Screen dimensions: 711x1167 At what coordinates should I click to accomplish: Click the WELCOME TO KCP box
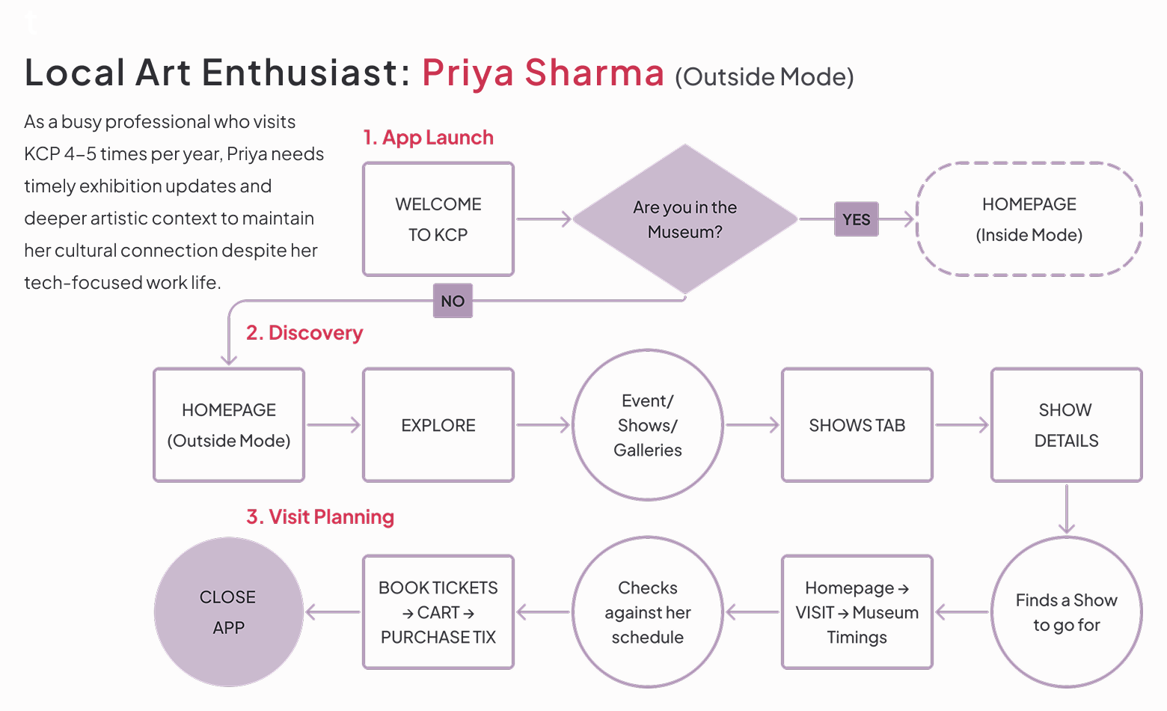point(438,219)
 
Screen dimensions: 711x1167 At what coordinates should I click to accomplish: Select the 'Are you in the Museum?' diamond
point(684,219)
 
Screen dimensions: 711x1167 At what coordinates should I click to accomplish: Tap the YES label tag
point(857,219)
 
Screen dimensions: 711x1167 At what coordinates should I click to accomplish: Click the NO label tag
point(453,301)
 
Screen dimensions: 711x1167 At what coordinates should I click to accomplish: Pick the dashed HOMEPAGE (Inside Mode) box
point(1029,219)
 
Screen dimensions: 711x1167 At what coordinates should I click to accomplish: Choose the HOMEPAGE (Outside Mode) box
point(229,425)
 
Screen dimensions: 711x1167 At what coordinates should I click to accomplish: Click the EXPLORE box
point(438,425)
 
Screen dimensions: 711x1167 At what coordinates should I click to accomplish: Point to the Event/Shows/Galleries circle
point(648,425)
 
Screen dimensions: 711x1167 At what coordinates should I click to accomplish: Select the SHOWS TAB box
point(857,425)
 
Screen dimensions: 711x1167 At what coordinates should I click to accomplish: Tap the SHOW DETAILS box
point(1067,425)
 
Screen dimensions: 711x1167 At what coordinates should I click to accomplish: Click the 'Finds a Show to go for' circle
point(1067,612)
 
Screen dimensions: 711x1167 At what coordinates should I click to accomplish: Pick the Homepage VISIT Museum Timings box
point(857,612)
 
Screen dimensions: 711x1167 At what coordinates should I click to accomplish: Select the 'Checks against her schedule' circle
point(648,612)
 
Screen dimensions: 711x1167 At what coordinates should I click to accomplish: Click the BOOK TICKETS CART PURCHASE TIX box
point(438,612)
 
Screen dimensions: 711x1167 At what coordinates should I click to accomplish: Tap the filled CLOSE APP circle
point(229,612)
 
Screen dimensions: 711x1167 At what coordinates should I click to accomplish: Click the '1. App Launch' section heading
point(428,138)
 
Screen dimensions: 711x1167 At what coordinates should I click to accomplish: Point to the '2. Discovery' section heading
point(304,333)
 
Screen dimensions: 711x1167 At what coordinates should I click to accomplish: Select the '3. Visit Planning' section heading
point(320,517)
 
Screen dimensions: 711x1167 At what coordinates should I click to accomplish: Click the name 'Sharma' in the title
point(594,73)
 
